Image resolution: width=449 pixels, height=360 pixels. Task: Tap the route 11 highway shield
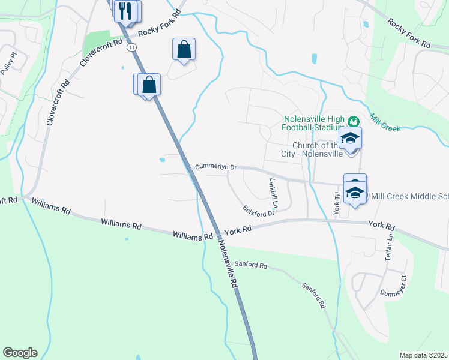tap(131, 47)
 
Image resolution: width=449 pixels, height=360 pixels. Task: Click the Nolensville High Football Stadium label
tap(312, 122)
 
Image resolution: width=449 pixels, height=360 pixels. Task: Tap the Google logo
tap(20, 353)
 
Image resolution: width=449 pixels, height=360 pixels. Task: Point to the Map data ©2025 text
tap(423, 355)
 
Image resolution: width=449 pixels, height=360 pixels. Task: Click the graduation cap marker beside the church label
tap(350, 139)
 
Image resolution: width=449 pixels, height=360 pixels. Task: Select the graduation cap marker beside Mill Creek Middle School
tap(355, 193)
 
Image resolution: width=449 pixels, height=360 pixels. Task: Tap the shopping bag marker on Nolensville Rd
tap(149, 85)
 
